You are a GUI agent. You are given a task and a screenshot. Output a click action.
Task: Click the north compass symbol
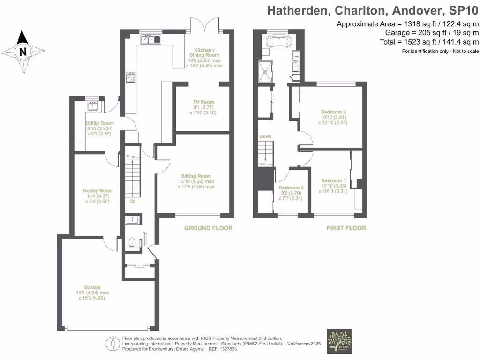point(22,52)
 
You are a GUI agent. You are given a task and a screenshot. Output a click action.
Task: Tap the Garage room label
point(92,287)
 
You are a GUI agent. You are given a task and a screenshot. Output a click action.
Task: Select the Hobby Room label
point(98,191)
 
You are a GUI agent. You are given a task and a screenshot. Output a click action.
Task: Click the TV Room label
point(203,102)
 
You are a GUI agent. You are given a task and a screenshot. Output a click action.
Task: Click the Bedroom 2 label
point(333,112)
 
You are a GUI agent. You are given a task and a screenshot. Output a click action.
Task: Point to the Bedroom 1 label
point(333,180)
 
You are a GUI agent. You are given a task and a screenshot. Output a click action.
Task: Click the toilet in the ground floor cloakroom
point(132,242)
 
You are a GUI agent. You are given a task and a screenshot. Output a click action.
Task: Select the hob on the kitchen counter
point(131,77)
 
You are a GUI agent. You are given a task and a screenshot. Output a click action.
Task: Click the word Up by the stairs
point(133,201)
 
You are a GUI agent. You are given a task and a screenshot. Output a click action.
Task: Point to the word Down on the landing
point(265,137)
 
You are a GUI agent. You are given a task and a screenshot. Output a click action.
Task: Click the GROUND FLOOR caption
point(208,228)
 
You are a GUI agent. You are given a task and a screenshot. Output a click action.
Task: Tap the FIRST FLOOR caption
point(346,228)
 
